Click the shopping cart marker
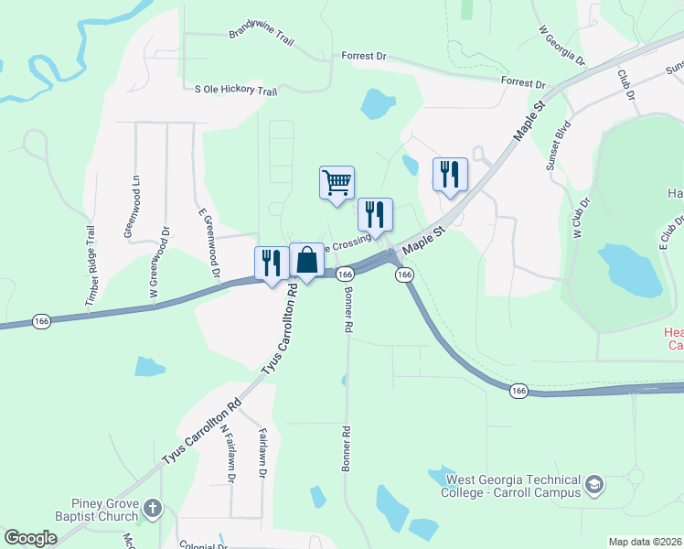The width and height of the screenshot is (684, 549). [337, 182]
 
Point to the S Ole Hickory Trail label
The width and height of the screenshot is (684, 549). [236, 91]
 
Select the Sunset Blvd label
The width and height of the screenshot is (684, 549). [559, 145]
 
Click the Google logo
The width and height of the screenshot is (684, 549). [31, 538]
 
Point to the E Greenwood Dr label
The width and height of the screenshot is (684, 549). [209, 242]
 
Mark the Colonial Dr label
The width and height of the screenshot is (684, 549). [203, 545]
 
